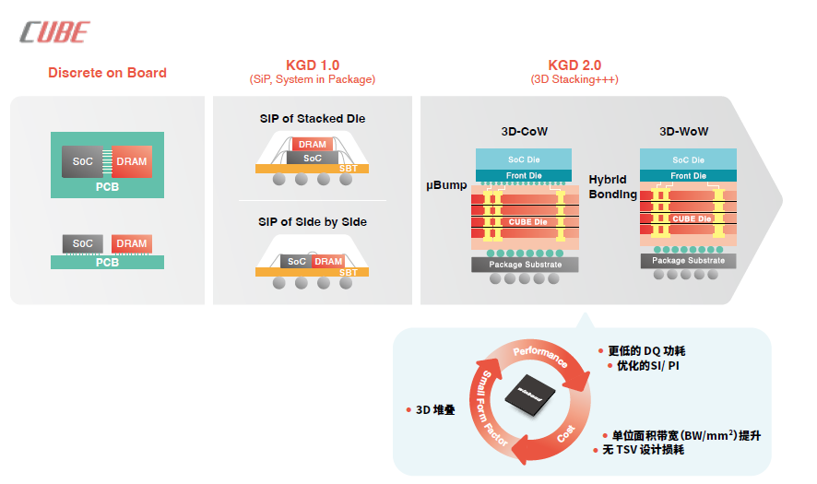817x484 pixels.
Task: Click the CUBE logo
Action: pyautogui.click(x=54, y=32)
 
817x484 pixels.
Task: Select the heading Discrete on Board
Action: pyautogui.click(x=107, y=73)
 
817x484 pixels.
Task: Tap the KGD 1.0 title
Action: pyautogui.click(x=313, y=65)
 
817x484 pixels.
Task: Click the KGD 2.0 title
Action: pyautogui.click(x=574, y=65)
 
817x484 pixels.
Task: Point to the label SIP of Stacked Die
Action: pyautogui.click(x=313, y=118)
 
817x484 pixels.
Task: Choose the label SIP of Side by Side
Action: pyautogui.click(x=313, y=222)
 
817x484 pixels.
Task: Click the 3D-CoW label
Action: pyautogui.click(x=524, y=131)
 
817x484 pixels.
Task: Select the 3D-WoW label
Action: pyautogui.click(x=683, y=131)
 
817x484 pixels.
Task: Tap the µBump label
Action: pyautogui.click(x=446, y=185)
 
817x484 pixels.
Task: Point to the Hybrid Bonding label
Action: pyautogui.click(x=612, y=186)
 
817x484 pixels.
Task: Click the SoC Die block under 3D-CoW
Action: pyautogui.click(x=524, y=159)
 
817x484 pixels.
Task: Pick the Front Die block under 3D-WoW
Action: pyautogui.click(x=688, y=175)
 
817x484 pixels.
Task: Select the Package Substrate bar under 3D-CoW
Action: pyautogui.click(x=525, y=265)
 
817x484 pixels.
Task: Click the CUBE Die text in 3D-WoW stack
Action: pyautogui.click(x=692, y=218)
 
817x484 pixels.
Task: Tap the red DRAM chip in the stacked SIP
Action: pyautogui.click(x=312, y=145)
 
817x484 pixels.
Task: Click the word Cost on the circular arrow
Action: pyautogui.click(x=566, y=433)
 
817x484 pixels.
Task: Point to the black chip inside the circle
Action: pyautogui.click(x=530, y=395)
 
